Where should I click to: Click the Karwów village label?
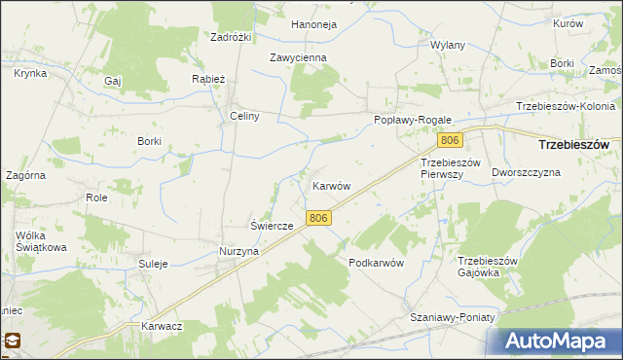click(x=331, y=185)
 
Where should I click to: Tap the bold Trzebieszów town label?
click(x=574, y=144)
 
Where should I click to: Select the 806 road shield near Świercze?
click(x=316, y=219)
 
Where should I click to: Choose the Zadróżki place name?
click(x=232, y=37)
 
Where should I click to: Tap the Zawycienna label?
click(x=298, y=57)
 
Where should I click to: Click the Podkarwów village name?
click(x=376, y=264)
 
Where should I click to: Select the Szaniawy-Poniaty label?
click(x=453, y=318)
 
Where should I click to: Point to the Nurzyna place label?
click(x=238, y=251)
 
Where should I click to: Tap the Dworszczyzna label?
click(x=527, y=172)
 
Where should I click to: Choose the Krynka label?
click(x=30, y=73)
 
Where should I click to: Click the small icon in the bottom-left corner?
click(x=14, y=341)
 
